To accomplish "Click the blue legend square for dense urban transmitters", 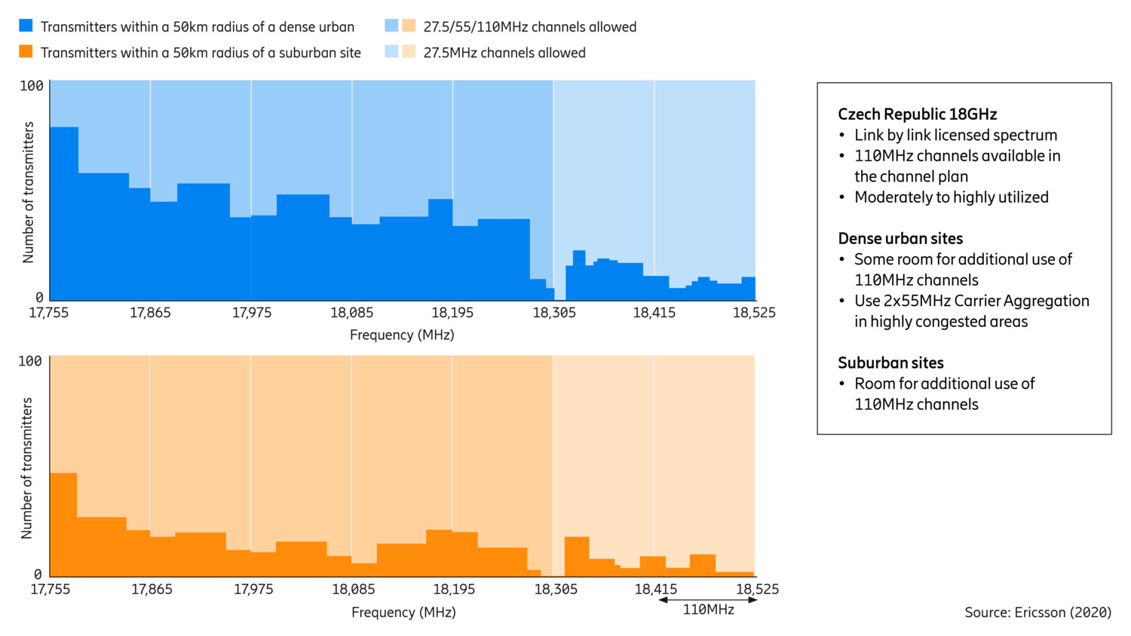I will pyautogui.click(x=26, y=26).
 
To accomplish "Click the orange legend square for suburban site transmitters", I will pyautogui.click(x=26, y=51).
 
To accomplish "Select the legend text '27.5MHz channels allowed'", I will pyautogui.click(x=504, y=53).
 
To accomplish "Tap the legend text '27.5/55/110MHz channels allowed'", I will pyautogui.click(x=529, y=27).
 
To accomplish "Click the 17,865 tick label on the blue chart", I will pyautogui.click(x=150, y=313).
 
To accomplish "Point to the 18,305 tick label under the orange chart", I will pyautogui.click(x=556, y=589).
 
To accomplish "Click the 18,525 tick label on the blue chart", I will pyautogui.click(x=754, y=313).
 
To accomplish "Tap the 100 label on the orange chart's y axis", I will pyautogui.click(x=30, y=362).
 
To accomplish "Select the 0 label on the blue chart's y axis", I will pyautogui.click(x=39, y=298).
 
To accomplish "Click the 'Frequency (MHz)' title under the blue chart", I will pyautogui.click(x=402, y=335).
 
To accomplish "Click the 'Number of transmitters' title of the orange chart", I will pyautogui.click(x=27, y=468).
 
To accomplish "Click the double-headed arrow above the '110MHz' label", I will pyautogui.click(x=707, y=600).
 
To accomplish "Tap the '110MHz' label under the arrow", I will pyautogui.click(x=708, y=610).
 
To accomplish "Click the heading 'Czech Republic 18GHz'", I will pyautogui.click(x=917, y=115).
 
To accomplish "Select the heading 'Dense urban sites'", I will pyautogui.click(x=900, y=239).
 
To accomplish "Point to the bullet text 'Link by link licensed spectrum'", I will pyautogui.click(x=955, y=136).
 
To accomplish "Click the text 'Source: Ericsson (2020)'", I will pyautogui.click(x=1038, y=613).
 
